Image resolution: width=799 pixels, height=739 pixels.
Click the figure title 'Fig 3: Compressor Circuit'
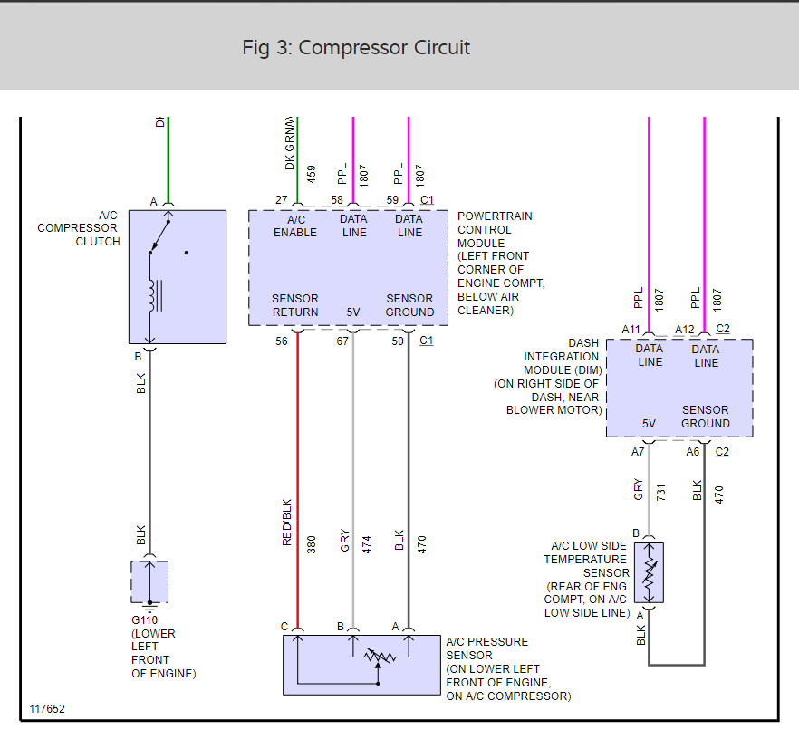356,48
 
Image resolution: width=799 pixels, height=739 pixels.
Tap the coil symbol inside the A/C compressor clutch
156,293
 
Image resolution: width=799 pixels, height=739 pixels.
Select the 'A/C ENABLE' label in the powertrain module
295,226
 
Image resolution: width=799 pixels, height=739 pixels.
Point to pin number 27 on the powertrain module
282,199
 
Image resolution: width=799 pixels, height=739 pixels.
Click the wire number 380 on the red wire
312,543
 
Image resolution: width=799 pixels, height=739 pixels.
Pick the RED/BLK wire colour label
287,523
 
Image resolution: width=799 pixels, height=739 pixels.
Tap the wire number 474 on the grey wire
367,543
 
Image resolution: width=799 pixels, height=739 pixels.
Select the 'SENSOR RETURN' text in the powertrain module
295,305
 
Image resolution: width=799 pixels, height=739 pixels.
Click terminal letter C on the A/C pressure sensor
284,627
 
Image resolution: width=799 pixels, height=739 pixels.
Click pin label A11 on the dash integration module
631,330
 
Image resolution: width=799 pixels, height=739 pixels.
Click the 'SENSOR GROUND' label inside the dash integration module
706,417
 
